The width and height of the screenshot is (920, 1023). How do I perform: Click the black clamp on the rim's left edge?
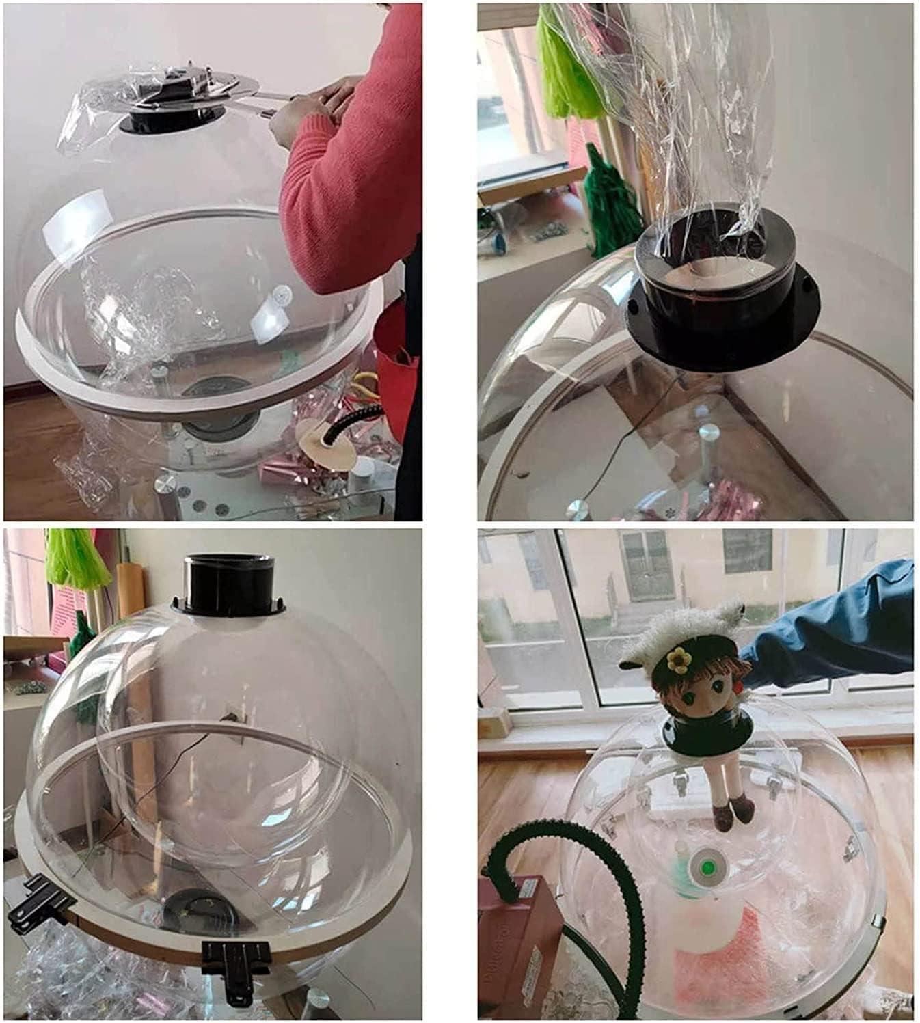[38, 902]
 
